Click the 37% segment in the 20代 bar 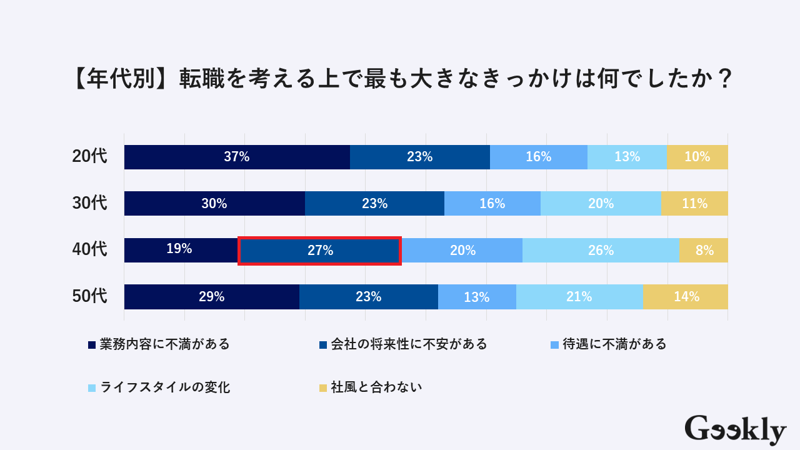point(237,157)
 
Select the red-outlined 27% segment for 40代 point(319,251)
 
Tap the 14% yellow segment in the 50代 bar point(686,297)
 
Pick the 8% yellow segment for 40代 point(704,251)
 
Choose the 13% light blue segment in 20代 point(627,157)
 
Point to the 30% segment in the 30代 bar point(214,204)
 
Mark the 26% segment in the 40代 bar point(601,251)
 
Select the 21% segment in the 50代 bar point(579,297)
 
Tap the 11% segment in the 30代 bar point(694,204)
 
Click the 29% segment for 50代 point(212,297)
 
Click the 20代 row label point(90,157)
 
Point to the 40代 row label point(90,250)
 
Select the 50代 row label point(90,296)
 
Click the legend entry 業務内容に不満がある point(159,344)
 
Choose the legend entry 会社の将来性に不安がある point(402,344)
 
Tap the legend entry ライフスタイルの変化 point(159,387)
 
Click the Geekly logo point(735,430)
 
